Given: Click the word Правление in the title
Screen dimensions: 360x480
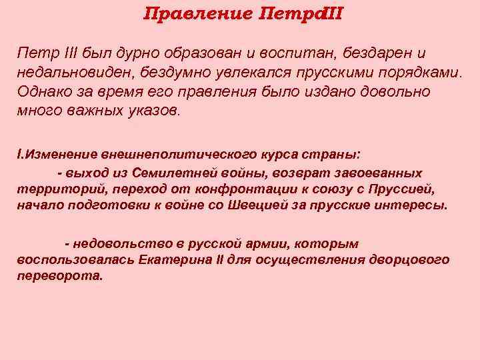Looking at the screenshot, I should click(x=197, y=13).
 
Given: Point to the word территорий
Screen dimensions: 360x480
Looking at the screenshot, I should click(x=51, y=189).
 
